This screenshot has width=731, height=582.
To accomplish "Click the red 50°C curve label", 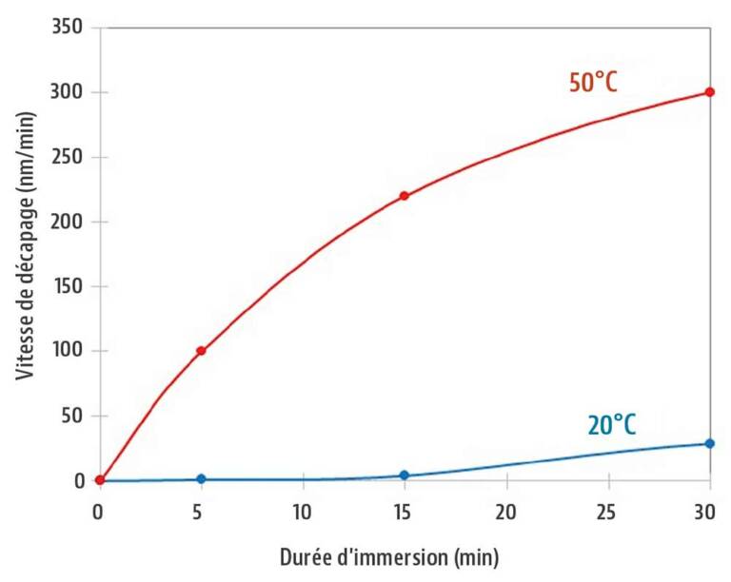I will (593, 83).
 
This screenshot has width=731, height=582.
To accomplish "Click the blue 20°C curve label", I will (612, 424).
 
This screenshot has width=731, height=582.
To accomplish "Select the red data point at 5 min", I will (201, 351).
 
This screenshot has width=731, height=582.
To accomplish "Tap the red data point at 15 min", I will (405, 196).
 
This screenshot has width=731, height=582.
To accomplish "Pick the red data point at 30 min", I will (709, 92).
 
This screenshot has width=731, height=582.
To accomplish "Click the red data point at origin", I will (99, 480).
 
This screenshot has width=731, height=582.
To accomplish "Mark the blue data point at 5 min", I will (201, 478).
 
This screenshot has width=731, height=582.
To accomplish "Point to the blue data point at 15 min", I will (405, 475).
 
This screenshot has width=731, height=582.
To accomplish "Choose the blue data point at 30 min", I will (709, 443).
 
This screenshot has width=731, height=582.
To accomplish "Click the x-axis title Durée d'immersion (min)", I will (388, 554).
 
